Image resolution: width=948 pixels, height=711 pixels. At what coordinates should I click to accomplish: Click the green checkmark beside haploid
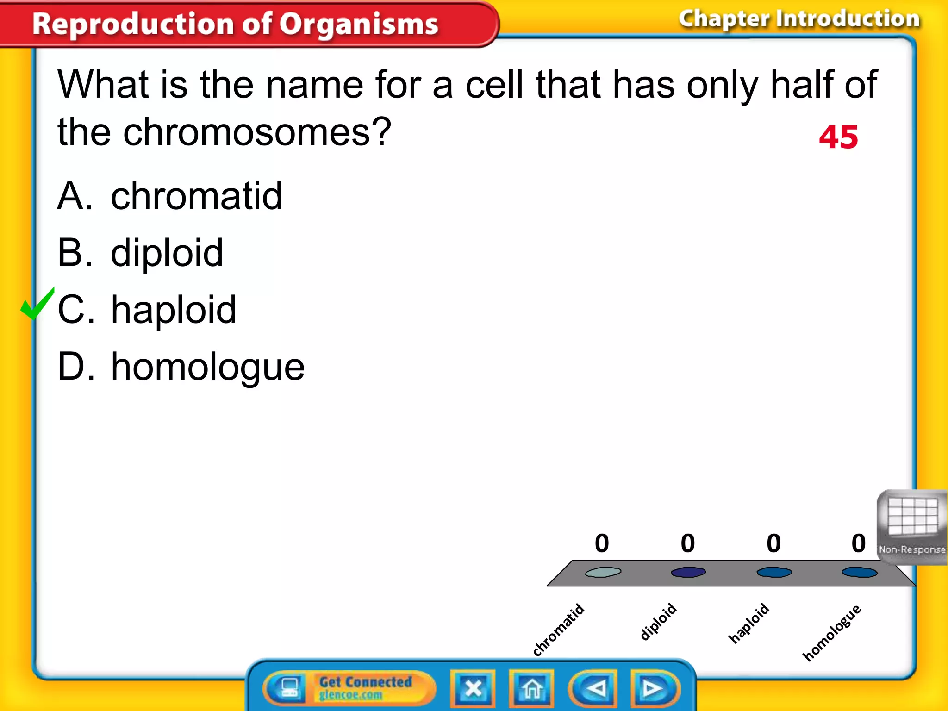pos(37,305)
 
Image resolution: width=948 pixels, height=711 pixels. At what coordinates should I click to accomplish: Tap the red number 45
pos(838,137)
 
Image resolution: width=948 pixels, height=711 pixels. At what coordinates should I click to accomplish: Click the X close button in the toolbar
pos(473,688)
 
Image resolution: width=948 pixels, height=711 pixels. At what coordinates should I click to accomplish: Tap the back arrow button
pos(594,688)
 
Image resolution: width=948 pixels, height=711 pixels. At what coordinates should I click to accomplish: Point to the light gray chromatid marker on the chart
pos(603,573)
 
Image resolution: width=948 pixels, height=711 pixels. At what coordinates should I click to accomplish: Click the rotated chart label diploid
pos(658,622)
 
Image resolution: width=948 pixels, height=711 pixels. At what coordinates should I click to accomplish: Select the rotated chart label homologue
pos(831,632)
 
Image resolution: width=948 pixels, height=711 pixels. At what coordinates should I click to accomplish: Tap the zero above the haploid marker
pos(773,543)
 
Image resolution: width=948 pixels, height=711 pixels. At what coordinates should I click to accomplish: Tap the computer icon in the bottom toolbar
pos(289,687)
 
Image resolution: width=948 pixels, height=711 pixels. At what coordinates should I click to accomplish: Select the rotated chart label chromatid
pos(558,630)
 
